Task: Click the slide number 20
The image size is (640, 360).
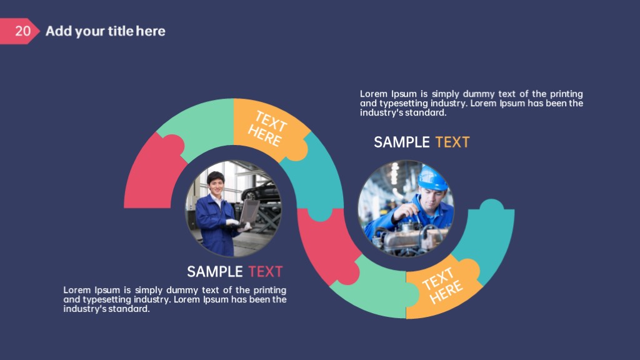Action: [23, 31]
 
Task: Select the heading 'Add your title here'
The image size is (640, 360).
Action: [105, 31]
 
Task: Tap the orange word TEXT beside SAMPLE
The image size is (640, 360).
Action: [452, 142]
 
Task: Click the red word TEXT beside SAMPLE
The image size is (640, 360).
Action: [265, 271]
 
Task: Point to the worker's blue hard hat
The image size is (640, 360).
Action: [432, 178]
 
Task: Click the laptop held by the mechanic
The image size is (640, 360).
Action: [249, 212]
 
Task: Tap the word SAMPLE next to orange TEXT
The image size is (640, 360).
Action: [402, 142]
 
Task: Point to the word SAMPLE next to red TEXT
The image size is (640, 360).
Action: [215, 271]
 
